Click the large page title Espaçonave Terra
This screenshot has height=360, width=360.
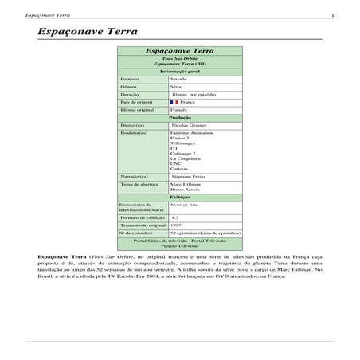88,31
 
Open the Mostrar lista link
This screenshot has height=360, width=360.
185,205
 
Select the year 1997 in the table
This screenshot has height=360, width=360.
178,224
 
